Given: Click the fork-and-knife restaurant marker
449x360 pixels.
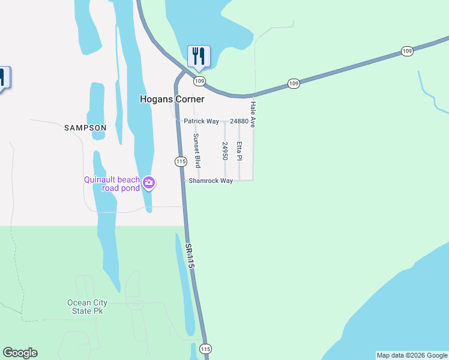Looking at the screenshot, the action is (197, 56).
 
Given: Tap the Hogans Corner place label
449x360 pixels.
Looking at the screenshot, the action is (172, 99).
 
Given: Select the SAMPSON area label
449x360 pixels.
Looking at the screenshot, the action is (85, 128).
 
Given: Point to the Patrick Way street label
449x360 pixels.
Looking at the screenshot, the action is (201, 121).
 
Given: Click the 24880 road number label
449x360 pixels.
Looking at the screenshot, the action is (239, 121).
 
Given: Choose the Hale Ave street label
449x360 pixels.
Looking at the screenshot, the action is (253, 114).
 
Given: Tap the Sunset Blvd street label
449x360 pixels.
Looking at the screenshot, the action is (196, 150).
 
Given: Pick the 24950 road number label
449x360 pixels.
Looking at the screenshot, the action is (225, 151).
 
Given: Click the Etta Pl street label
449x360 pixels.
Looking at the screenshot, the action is (239, 151).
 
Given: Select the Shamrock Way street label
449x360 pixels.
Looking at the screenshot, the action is (211, 181).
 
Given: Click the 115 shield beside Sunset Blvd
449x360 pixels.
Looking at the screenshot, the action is (180, 161).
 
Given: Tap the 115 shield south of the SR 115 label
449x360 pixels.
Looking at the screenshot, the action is (206, 349).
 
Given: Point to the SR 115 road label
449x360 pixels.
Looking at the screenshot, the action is (190, 256).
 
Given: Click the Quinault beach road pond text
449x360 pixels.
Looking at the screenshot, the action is (112, 184).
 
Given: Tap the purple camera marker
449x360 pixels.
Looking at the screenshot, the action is (149, 183).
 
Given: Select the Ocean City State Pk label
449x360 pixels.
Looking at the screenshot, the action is (88, 307).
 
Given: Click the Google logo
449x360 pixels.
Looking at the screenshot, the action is (20, 353).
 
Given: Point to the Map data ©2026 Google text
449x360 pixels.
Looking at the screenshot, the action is (412, 355).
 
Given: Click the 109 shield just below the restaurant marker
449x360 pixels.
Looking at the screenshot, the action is (199, 81).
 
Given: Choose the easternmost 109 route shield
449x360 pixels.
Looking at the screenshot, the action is (408, 52).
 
